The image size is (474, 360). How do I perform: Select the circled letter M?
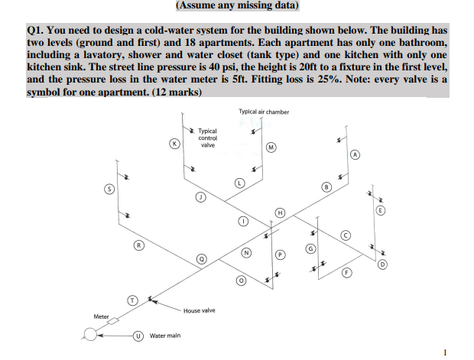click(271, 147)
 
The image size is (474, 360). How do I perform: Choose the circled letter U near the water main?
click(138, 335)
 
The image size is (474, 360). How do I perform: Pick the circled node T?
click(131, 300)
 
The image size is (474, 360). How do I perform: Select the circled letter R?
click(138, 245)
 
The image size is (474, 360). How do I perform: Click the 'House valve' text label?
click(199, 310)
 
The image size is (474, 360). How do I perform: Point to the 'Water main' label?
click(165, 336)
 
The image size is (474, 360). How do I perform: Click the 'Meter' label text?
click(101, 316)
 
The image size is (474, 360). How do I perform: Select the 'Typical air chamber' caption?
click(264, 112)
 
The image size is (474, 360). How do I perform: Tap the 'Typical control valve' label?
click(207, 138)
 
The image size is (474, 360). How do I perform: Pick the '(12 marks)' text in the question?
click(181, 92)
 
